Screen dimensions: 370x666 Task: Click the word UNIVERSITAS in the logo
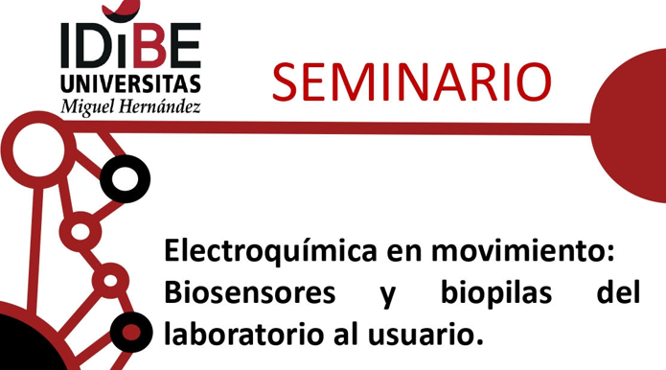(x=131, y=81)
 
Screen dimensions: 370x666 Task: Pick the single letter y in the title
(x=388, y=296)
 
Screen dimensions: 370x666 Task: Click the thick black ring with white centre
(x=126, y=177)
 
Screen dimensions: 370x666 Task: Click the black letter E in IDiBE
(x=184, y=44)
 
